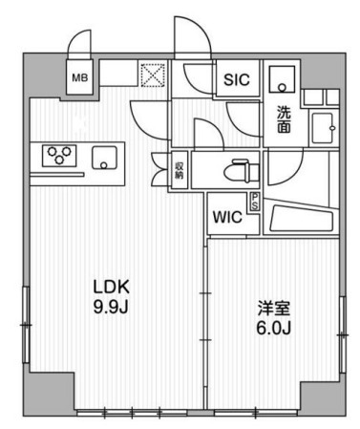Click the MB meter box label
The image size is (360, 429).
[x=79, y=77]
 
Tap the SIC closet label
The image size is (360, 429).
[x=237, y=79]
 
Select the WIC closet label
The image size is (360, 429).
[x=227, y=217]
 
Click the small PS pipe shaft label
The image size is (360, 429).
[x=255, y=202]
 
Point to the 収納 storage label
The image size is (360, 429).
[x=179, y=170]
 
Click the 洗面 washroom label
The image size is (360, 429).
[x=284, y=118]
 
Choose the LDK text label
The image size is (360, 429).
[x=111, y=287]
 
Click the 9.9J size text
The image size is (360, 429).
[x=111, y=307]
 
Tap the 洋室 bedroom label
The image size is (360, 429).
[x=273, y=309]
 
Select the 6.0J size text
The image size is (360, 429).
[x=273, y=328]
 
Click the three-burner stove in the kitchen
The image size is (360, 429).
[x=59, y=156]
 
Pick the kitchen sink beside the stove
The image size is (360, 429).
[x=104, y=158]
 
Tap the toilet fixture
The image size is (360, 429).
[x=242, y=171]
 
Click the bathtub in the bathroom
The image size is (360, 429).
[x=301, y=219]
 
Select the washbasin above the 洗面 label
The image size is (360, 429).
[x=282, y=79]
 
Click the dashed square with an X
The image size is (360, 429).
[x=153, y=75]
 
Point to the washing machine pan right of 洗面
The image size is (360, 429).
[x=323, y=128]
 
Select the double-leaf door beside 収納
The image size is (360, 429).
[x=159, y=169]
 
